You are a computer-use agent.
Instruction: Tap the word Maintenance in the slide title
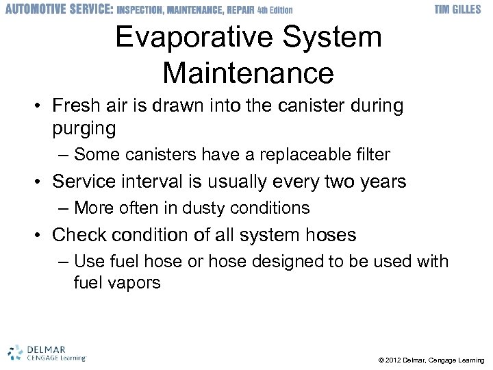coord(249,72)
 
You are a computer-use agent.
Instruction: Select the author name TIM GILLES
coord(458,10)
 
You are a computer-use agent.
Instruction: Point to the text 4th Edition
coord(275,10)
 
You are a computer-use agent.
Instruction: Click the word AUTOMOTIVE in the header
coord(34,10)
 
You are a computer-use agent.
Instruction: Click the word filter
coord(372,155)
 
